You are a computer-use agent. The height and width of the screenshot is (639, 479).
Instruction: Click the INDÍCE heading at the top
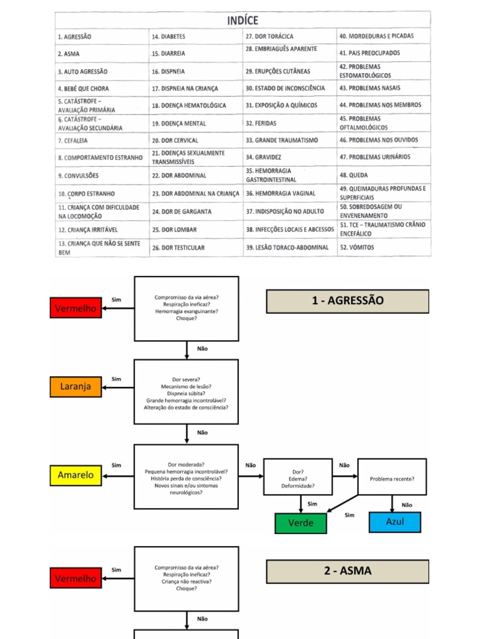pyautogui.click(x=243, y=21)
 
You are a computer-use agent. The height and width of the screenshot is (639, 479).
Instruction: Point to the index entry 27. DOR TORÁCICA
pyautogui.click(x=269, y=37)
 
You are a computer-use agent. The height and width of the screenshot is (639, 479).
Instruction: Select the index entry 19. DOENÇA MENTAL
pyautogui.click(x=179, y=124)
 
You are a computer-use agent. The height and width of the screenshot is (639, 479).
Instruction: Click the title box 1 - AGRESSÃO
pyautogui.click(x=347, y=301)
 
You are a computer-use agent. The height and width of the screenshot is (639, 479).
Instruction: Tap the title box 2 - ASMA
pyautogui.click(x=347, y=571)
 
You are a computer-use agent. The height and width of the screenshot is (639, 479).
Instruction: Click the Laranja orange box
pyautogui.click(x=75, y=386)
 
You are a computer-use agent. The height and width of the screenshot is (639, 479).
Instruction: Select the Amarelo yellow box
pyautogui.click(x=75, y=476)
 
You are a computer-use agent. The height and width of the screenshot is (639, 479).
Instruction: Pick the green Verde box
pyautogui.click(x=301, y=522)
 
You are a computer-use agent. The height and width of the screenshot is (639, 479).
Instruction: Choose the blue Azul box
pyautogui.click(x=395, y=522)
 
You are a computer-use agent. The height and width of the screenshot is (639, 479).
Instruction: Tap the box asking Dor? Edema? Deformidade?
pyautogui.click(x=298, y=479)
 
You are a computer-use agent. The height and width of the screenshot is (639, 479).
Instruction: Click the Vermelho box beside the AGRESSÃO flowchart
pyautogui.click(x=75, y=308)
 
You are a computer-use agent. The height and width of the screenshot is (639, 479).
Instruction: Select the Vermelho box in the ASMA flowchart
pyautogui.click(x=75, y=578)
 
